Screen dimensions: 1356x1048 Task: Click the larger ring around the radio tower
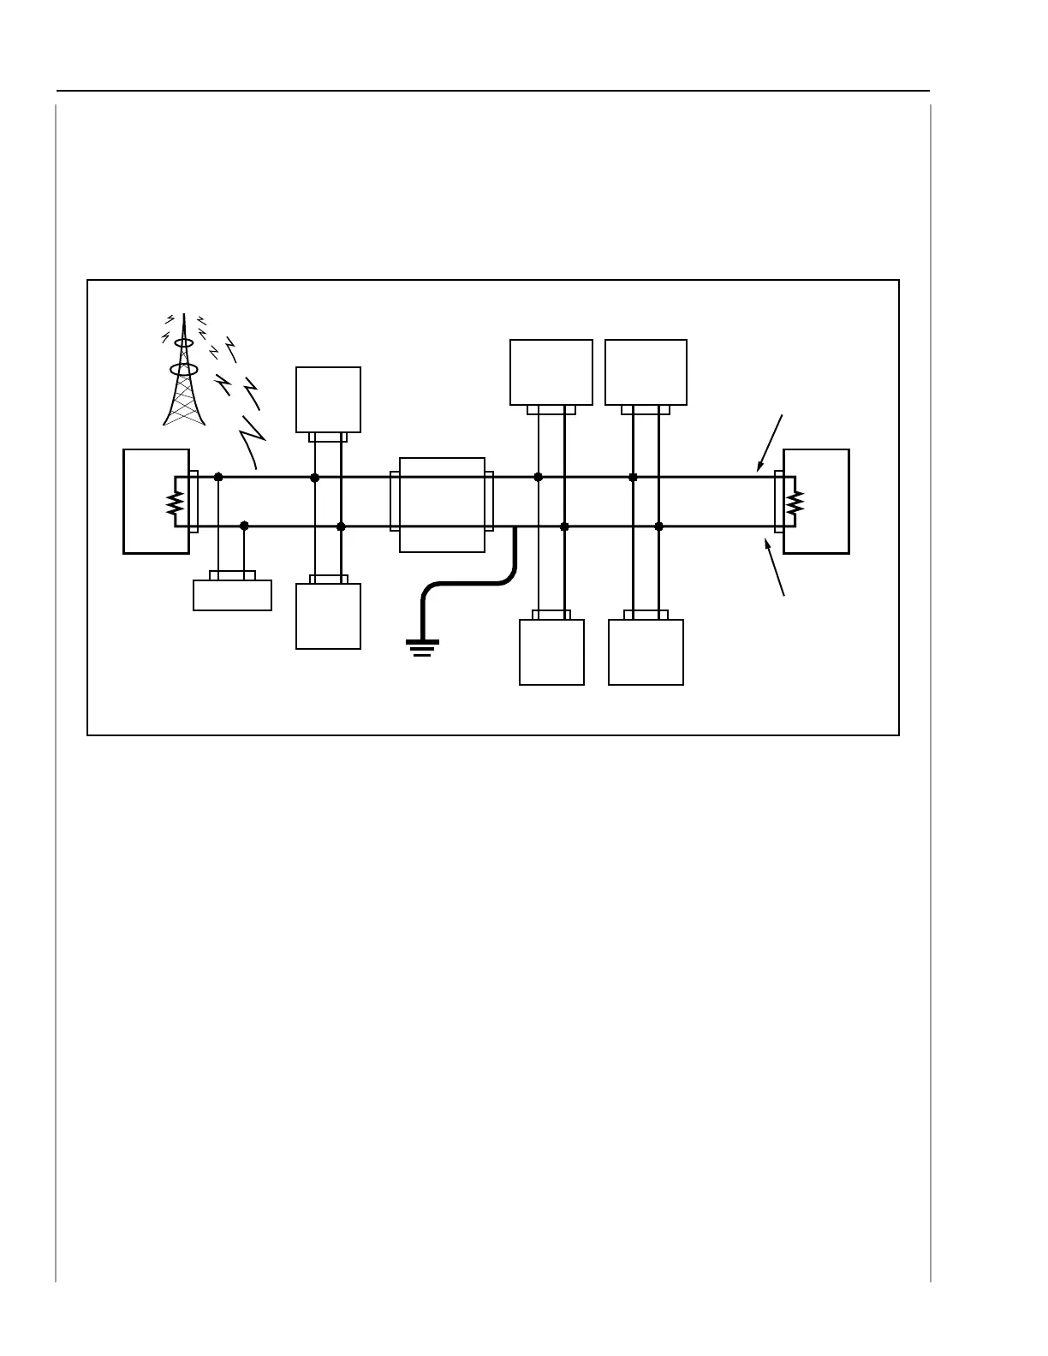point(184,370)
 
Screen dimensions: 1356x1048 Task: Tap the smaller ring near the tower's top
point(183,342)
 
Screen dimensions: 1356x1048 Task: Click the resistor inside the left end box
point(175,503)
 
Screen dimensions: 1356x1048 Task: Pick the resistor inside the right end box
point(795,503)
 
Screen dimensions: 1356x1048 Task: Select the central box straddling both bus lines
point(442,505)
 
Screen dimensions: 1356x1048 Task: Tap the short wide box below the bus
point(232,595)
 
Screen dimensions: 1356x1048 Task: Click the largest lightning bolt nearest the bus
point(253,441)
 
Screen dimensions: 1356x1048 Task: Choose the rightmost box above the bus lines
point(646,372)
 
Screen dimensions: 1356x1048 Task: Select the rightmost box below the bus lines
point(646,652)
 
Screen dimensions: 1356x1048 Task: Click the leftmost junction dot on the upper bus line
point(218,477)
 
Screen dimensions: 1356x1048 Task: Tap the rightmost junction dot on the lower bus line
point(658,526)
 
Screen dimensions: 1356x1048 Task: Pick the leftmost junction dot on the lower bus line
point(244,526)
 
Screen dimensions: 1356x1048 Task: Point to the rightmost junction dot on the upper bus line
point(633,477)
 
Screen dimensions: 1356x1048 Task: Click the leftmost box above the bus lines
point(328,400)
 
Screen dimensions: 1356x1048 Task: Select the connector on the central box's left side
point(395,501)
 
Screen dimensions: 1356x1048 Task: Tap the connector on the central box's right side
point(489,501)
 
